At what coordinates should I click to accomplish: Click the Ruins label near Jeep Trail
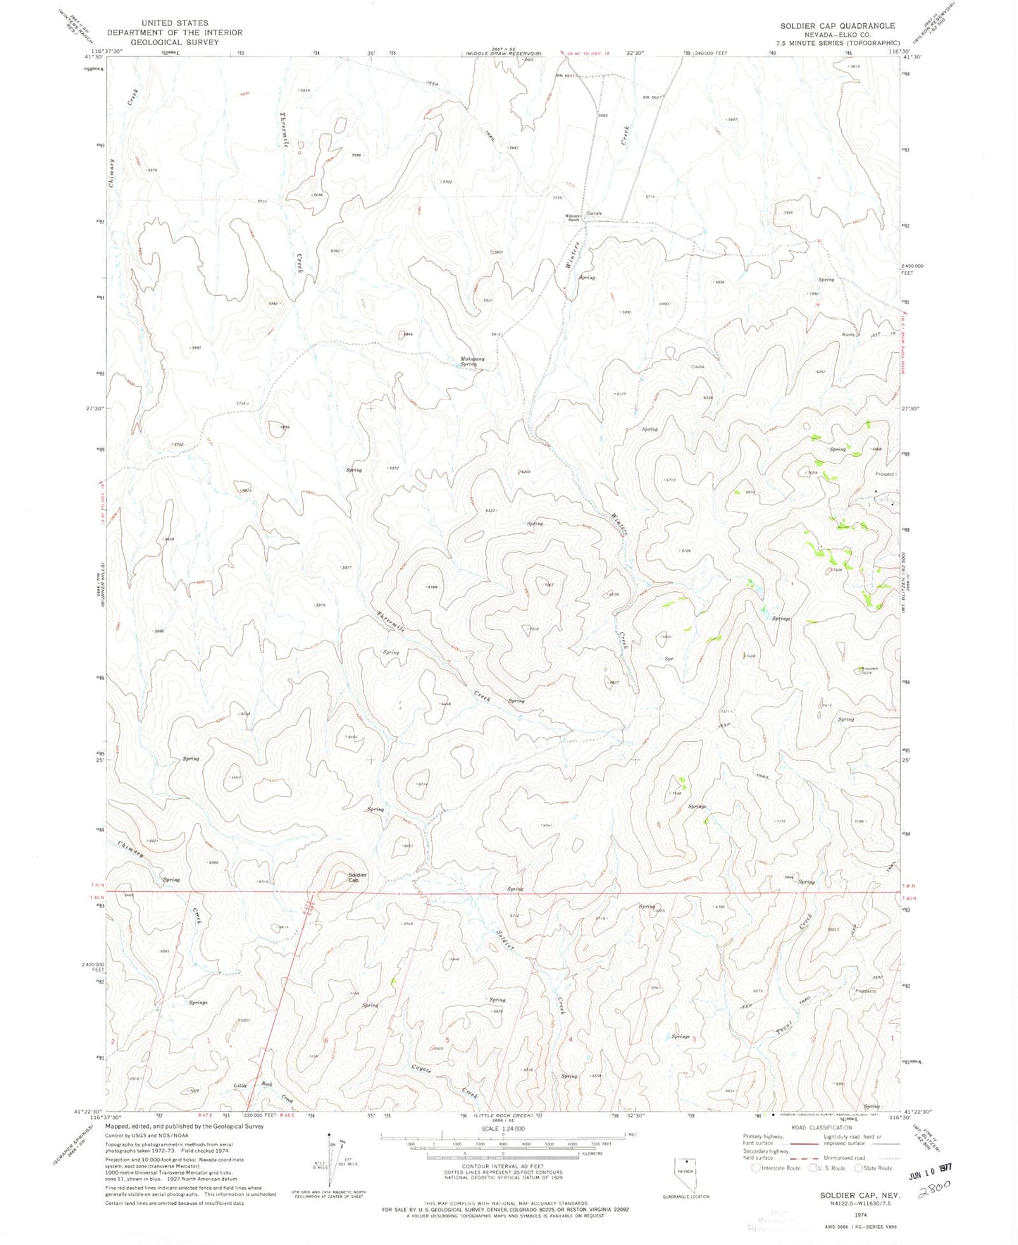[x=848, y=334]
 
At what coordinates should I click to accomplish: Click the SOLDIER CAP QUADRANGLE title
[x=837, y=26]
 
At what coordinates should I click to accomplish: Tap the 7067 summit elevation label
[x=549, y=586]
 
